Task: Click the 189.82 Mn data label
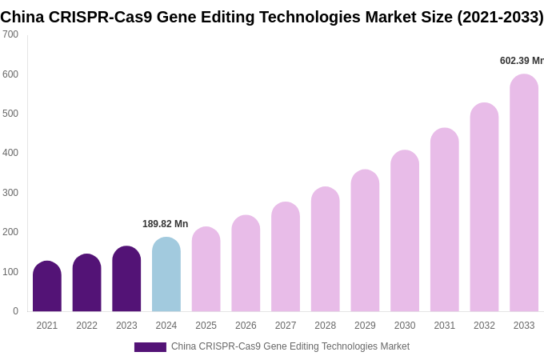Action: point(166,224)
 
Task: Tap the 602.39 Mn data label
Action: point(521,61)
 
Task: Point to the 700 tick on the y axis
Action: point(10,34)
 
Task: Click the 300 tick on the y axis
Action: point(10,193)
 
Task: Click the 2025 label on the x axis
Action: point(206,326)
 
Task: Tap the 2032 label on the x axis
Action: point(484,326)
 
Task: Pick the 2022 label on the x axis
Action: point(86,326)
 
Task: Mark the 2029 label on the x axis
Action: point(365,326)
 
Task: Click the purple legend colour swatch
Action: point(150,347)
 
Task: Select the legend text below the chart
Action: point(290,346)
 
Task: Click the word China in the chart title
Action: point(22,17)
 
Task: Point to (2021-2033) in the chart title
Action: point(500,17)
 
